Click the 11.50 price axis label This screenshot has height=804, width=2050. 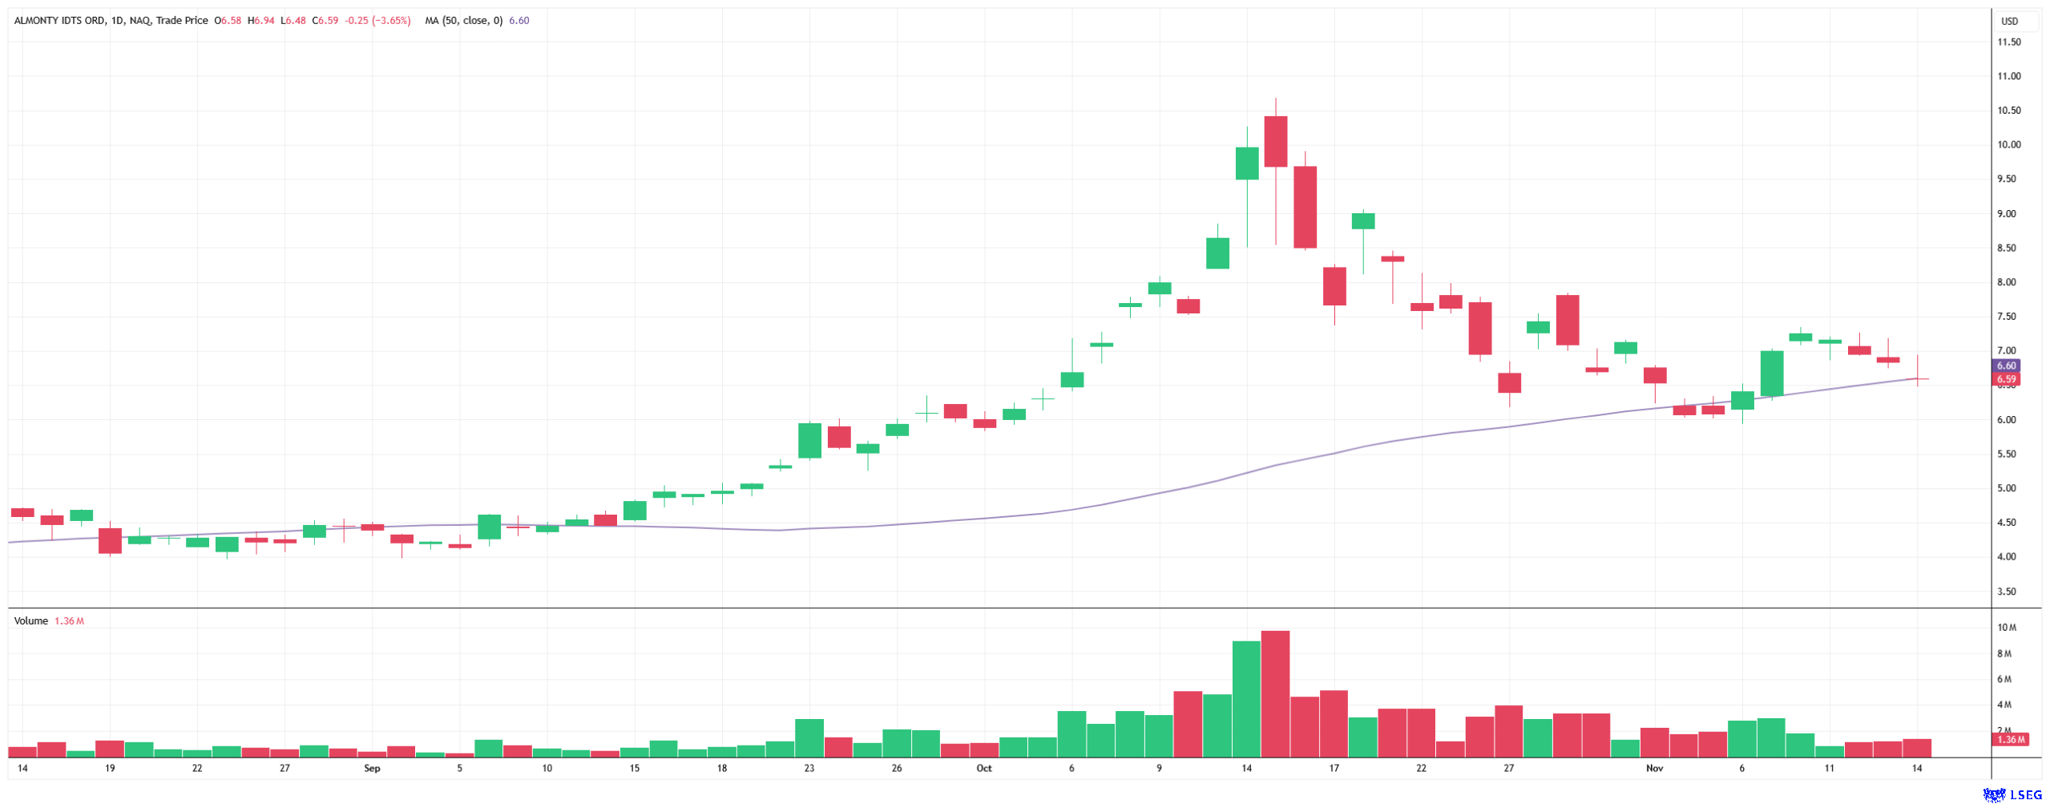2008,42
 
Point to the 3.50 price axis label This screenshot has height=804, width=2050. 2007,592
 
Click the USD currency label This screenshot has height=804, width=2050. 2009,22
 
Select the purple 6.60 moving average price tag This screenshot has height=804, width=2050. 2006,366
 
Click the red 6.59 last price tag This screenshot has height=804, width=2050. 2006,379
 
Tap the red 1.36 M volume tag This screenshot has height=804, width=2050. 2012,739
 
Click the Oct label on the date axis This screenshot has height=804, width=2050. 983,768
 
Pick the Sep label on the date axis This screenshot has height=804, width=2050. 372,768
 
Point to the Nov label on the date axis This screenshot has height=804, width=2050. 1654,768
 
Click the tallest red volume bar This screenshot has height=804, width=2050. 1275,693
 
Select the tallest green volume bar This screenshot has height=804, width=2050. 1246,699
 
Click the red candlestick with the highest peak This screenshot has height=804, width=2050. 1275,141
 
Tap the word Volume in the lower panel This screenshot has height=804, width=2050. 31,621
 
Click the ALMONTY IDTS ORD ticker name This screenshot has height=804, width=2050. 59,21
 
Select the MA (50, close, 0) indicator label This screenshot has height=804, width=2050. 463,21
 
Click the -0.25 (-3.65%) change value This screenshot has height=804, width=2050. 377,21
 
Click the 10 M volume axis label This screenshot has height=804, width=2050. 2007,628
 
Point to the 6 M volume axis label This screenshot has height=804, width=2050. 2004,679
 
